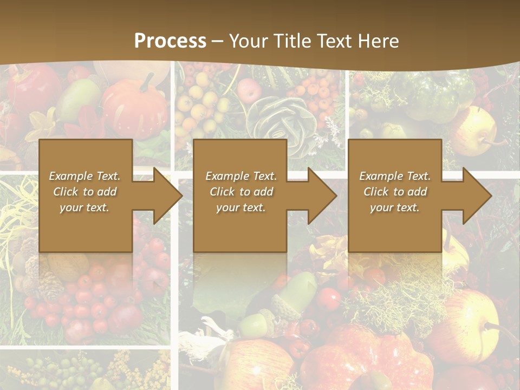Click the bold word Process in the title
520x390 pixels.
[170, 41]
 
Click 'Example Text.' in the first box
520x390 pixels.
[84, 176]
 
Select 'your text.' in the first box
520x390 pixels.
[84, 207]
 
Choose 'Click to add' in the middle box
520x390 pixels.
[241, 192]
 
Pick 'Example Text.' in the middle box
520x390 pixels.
[241, 176]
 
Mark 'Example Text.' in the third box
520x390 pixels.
[395, 176]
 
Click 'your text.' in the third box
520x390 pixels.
[395, 207]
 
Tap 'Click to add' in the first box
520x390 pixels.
[84, 192]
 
